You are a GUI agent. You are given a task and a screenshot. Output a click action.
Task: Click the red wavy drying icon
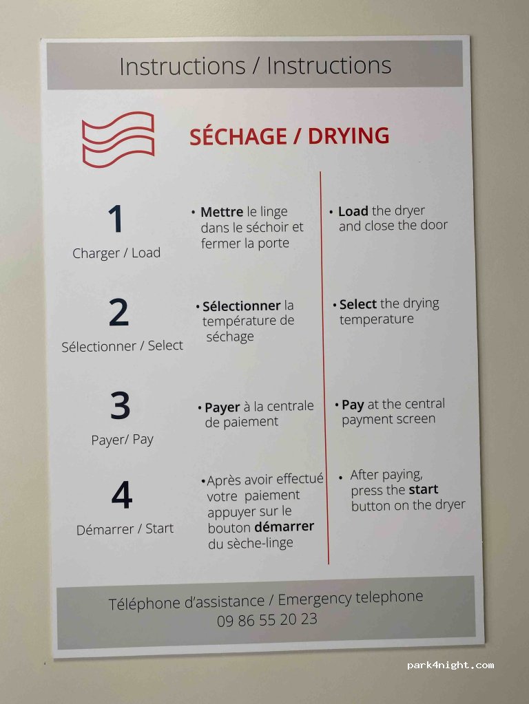tap(118, 139)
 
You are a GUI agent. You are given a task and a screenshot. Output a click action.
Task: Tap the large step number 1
tap(116, 219)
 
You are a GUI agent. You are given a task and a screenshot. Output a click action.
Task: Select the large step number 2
tap(118, 312)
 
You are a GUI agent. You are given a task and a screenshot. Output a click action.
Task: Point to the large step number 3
tap(121, 405)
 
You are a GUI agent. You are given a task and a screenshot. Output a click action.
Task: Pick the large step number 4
tap(122, 495)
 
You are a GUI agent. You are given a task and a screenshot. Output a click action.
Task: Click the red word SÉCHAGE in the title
tap(238, 136)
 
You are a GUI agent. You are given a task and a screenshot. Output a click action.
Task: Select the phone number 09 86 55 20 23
tap(267, 620)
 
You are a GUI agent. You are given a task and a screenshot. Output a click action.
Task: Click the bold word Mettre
tap(222, 211)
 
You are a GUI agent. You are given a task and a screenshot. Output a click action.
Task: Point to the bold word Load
tap(353, 211)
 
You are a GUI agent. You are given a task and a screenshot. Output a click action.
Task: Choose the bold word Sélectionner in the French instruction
tap(241, 306)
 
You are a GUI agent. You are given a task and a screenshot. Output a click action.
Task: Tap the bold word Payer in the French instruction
tap(222, 407)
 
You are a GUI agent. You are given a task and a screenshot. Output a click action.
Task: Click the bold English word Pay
tap(353, 405)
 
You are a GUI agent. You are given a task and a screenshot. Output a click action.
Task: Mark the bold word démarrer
tap(287, 526)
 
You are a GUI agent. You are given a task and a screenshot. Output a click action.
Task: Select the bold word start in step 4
tap(424, 489)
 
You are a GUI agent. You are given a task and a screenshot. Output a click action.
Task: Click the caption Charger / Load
tap(116, 253)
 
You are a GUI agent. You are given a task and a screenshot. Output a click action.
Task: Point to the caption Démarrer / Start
tap(125, 529)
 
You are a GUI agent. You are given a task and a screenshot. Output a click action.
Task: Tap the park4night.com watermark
tap(450, 665)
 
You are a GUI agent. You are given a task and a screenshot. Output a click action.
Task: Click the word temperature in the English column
tap(377, 319)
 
